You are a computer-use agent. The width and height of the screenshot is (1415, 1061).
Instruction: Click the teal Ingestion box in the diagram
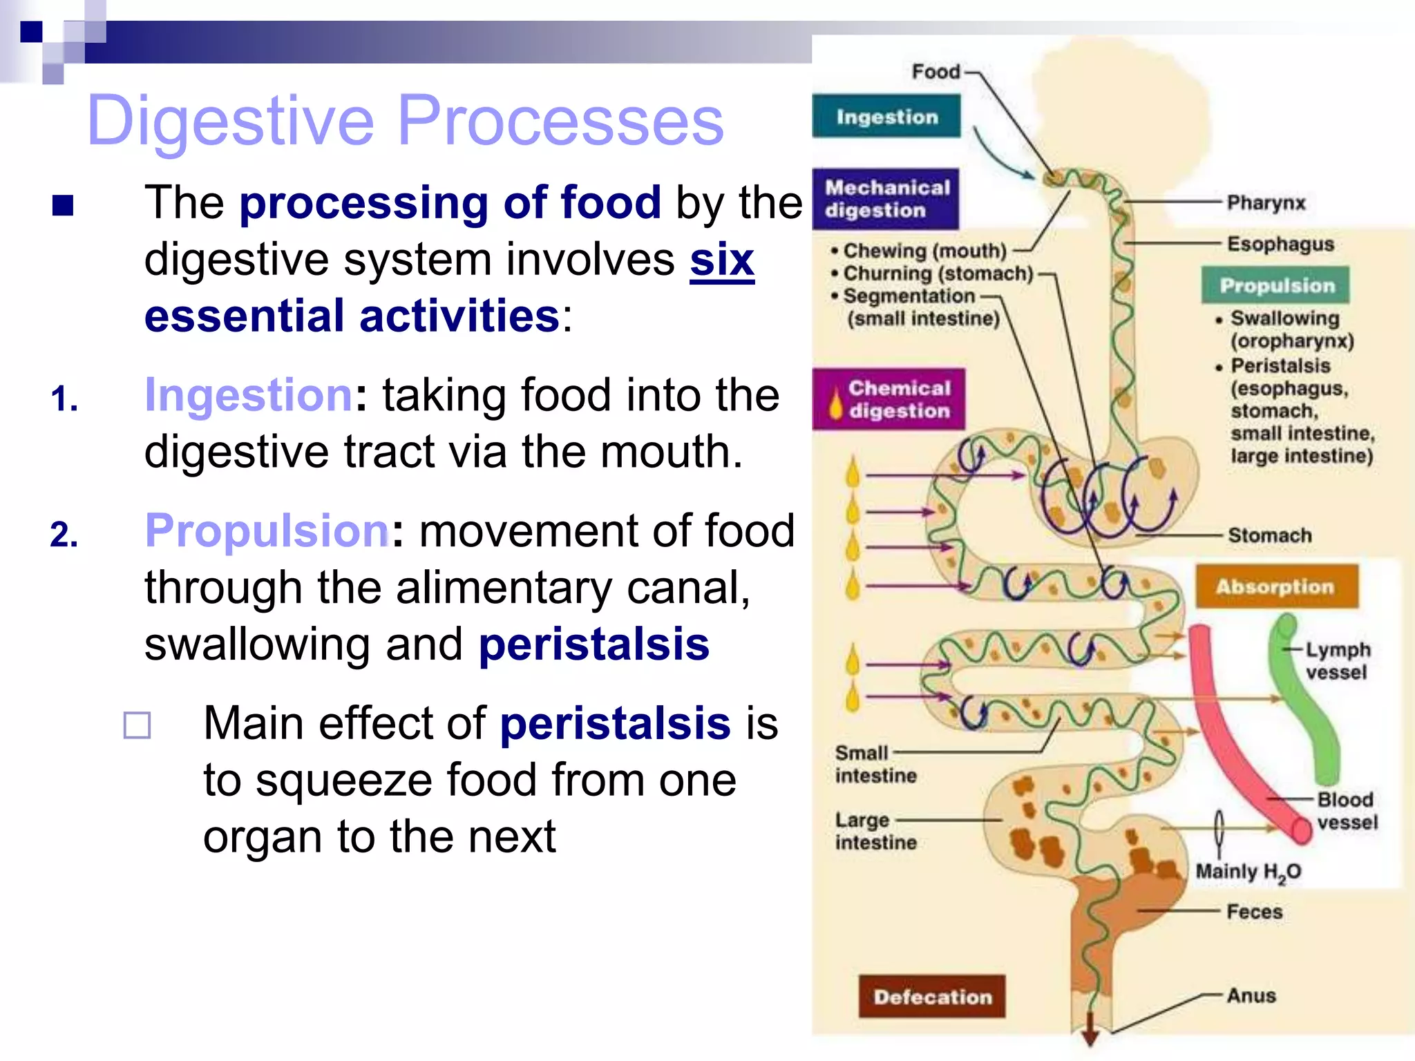pyautogui.click(x=886, y=117)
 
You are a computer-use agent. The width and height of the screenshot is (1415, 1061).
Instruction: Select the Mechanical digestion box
pyautogui.click(x=886, y=199)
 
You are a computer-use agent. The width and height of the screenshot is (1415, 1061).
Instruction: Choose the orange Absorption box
pyautogui.click(x=1276, y=586)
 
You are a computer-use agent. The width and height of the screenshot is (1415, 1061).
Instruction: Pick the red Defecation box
pyautogui.click(x=932, y=996)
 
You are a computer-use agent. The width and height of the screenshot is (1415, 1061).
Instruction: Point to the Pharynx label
pyautogui.click(x=1266, y=203)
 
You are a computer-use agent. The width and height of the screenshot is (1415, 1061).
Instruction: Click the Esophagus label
pyautogui.click(x=1280, y=244)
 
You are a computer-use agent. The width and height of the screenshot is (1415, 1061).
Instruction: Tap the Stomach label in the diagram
pyautogui.click(x=1269, y=535)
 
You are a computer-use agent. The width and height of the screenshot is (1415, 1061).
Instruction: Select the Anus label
pyautogui.click(x=1251, y=995)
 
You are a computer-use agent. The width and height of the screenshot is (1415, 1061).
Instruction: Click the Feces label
pyautogui.click(x=1254, y=912)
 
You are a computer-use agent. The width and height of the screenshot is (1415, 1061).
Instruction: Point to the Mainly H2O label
pyautogui.click(x=1248, y=872)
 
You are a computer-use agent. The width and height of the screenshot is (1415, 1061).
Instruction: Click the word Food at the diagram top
pyautogui.click(x=936, y=71)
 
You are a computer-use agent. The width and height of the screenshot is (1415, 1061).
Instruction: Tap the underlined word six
pyautogui.click(x=722, y=260)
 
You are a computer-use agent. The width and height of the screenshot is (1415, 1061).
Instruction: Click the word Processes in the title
pyautogui.click(x=560, y=121)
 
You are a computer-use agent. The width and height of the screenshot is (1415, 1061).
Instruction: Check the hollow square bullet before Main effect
pyautogui.click(x=137, y=725)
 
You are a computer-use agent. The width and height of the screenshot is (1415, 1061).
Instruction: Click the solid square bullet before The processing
pyautogui.click(x=63, y=205)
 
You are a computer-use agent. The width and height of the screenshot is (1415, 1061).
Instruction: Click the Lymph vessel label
pyautogui.click(x=1337, y=661)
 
